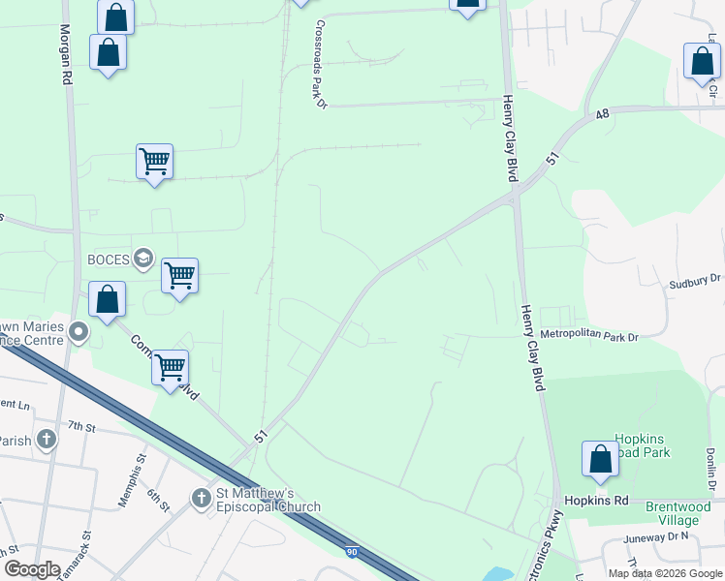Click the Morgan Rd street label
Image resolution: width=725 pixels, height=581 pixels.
click(66, 53)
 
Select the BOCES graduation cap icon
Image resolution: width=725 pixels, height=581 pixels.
click(143, 259)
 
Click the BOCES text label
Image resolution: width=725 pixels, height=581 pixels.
click(109, 259)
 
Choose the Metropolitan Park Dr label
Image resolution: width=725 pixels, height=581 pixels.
click(590, 337)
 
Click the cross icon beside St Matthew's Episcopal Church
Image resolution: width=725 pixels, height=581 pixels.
click(201, 498)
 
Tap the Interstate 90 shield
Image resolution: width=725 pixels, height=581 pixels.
click(353, 551)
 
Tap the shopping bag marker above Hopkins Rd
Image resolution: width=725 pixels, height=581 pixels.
click(600, 459)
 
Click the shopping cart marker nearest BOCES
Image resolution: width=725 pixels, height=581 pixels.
click(179, 276)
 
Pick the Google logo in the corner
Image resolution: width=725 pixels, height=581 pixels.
click(32, 569)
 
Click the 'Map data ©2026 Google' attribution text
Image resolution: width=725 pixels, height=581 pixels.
click(665, 573)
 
